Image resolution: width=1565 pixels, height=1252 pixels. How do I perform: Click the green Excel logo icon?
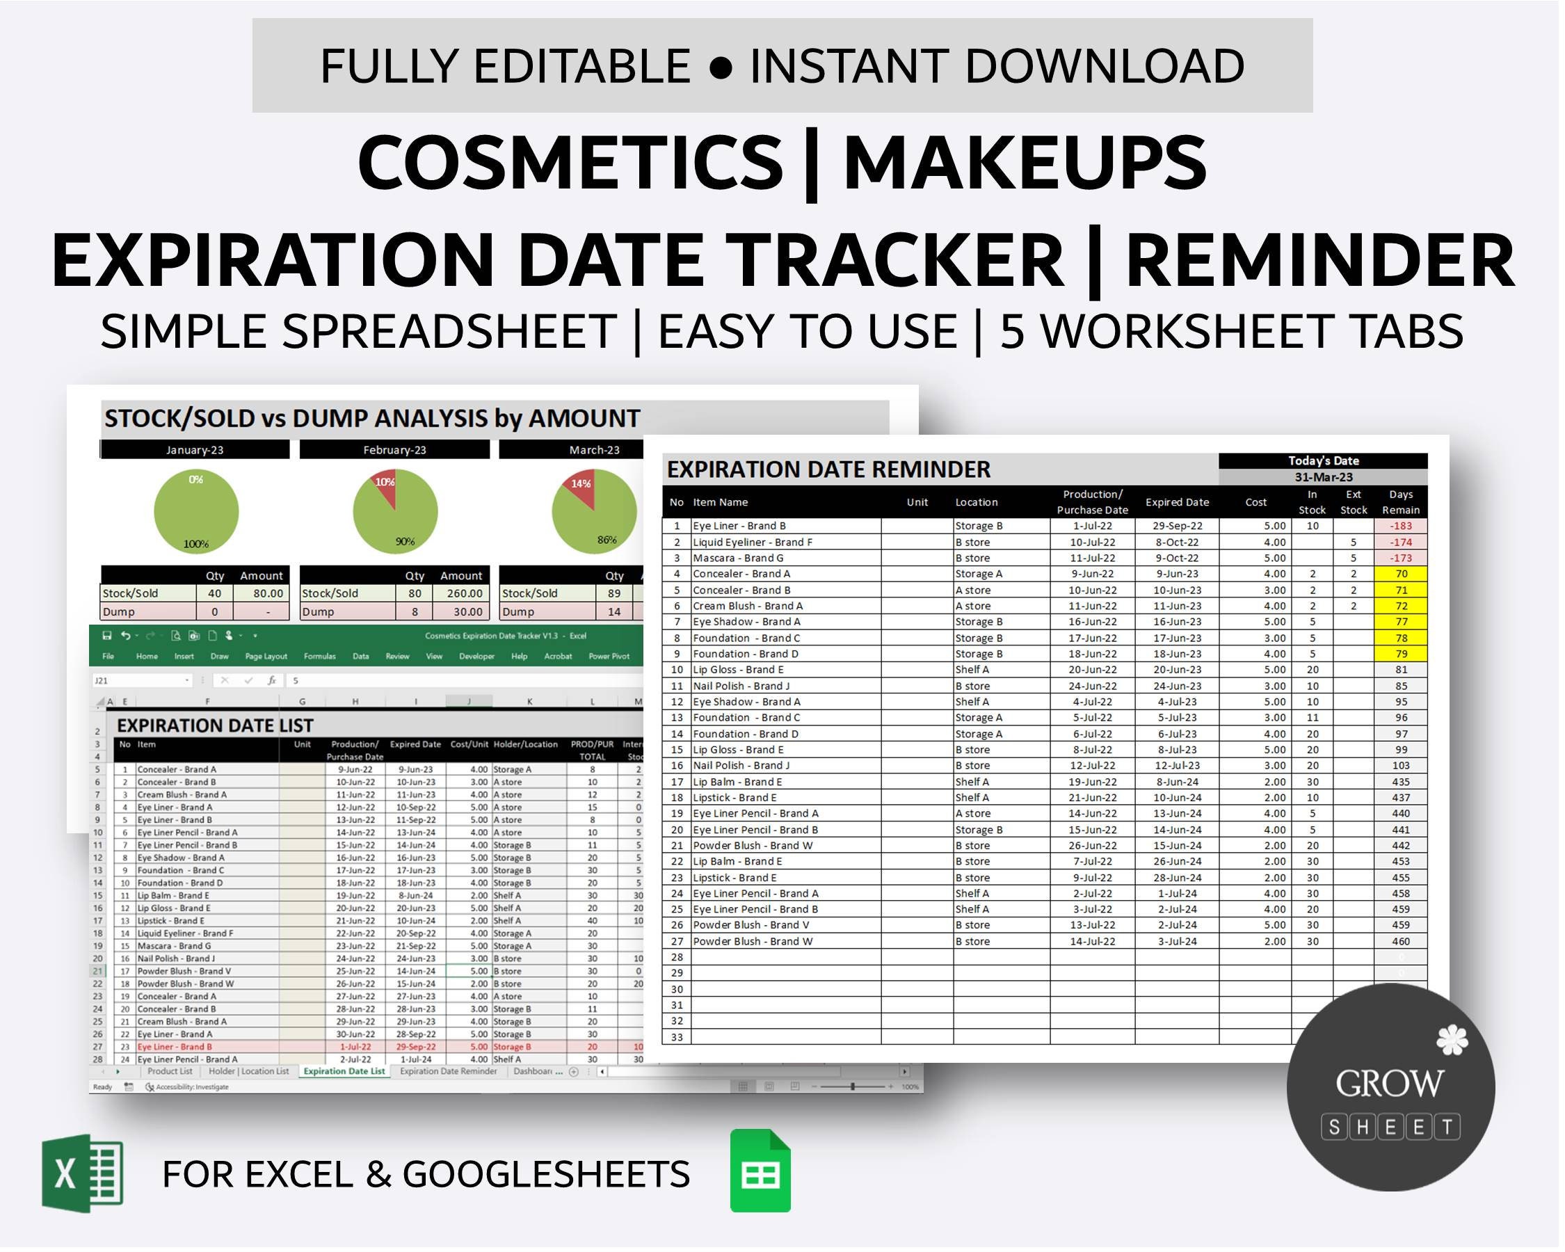pos(83,1173)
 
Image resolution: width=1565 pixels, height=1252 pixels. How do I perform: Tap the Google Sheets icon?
pos(761,1171)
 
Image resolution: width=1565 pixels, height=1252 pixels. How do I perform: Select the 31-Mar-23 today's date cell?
pos(1323,478)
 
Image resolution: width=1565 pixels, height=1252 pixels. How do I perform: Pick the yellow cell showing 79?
pos(1400,654)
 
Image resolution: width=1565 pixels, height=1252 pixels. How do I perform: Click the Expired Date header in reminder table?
pos(1177,502)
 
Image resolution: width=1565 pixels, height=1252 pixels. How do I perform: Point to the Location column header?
pos(977,502)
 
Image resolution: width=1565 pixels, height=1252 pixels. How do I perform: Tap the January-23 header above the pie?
pos(195,450)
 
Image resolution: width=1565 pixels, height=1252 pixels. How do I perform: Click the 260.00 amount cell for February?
pos(461,594)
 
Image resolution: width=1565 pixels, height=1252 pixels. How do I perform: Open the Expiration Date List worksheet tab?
pos(344,1071)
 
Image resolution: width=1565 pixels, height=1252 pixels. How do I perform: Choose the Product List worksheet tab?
pos(170,1071)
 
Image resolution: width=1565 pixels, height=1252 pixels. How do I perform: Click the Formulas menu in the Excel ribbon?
pos(319,656)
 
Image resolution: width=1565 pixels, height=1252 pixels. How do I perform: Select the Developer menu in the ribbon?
pos(476,656)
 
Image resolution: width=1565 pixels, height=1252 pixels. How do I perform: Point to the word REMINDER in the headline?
pos(1319,260)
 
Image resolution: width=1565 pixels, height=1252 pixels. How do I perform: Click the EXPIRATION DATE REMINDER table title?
pos(828,469)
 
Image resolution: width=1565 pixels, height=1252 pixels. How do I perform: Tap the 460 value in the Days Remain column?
pos(1400,941)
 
